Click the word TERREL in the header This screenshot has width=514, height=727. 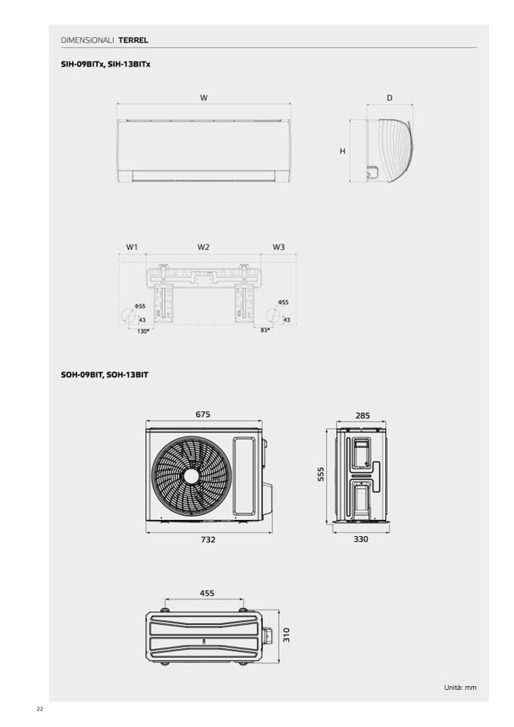click(x=133, y=39)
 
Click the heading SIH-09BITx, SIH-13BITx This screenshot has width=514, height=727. click(x=105, y=64)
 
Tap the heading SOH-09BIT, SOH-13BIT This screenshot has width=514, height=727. click(x=104, y=374)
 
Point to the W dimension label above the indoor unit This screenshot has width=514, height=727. click(x=204, y=98)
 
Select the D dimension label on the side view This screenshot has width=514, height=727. click(x=390, y=98)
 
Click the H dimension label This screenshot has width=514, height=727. click(x=343, y=152)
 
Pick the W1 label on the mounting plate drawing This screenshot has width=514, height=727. click(x=132, y=247)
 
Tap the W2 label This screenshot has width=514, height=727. click(x=203, y=247)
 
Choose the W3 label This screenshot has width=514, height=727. click(x=278, y=247)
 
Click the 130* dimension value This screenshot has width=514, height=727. click(x=143, y=331)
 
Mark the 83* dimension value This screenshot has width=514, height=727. click(x=265, y=331)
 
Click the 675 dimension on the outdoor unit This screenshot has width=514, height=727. click(x=202, y=415)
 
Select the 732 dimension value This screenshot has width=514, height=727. click(x=208, y=540)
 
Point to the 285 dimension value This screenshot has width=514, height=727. click(x=362, y=415)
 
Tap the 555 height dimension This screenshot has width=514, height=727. click(x=321, y=474)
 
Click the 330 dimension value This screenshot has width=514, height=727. click(x=361, y=540)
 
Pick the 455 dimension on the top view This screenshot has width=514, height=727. click(x=207, y=593)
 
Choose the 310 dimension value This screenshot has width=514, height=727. click(x=287, y=635)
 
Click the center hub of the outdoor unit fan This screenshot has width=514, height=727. click(x=191, y=475)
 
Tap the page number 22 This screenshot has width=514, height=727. click(x=39, y=709)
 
